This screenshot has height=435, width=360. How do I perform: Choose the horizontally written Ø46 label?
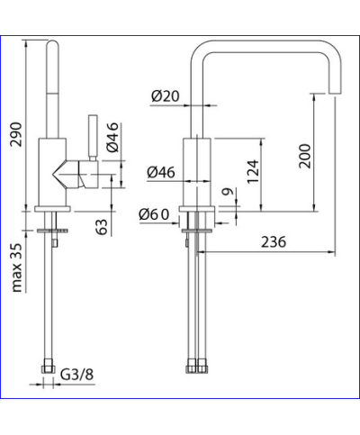pyautogui.click(x=162, y=170)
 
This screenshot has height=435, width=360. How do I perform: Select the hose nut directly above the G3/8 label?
pyautogui.click(x=48, y=367)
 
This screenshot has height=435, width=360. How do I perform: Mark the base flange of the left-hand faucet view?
pyautogui.click(x=56, y=212)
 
